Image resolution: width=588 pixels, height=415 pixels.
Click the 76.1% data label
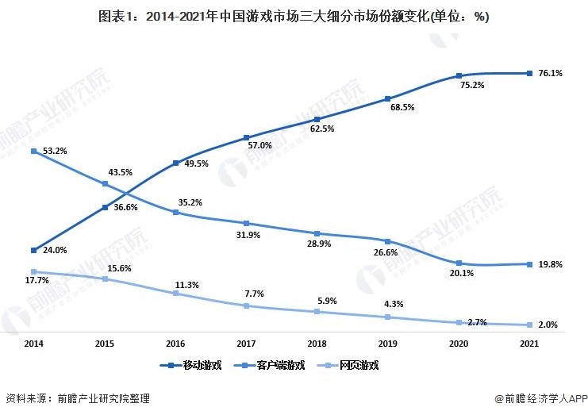pos(550,73)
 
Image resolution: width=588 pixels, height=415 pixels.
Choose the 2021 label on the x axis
pos(529,344)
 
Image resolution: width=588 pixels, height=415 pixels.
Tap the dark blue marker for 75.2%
pos(459,76)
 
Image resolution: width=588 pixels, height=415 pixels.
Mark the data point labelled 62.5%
pos(317,119)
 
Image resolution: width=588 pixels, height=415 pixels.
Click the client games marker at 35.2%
pos(175,212)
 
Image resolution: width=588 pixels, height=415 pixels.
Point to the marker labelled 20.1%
pos(459,263)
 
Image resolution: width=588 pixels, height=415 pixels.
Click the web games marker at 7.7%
pos(247,305)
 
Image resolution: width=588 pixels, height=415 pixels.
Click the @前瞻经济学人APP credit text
pos(540,399)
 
